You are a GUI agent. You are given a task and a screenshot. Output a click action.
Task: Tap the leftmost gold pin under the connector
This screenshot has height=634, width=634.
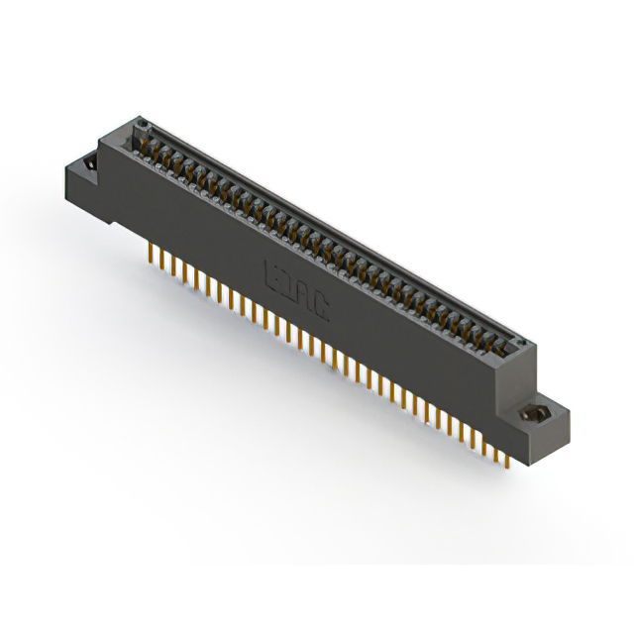(x=151, y=254)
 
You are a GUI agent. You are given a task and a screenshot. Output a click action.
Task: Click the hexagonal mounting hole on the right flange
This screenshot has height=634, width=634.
(x=539, y=415)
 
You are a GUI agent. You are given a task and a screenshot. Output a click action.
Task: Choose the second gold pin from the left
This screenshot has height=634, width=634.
(x=161, y=259)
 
